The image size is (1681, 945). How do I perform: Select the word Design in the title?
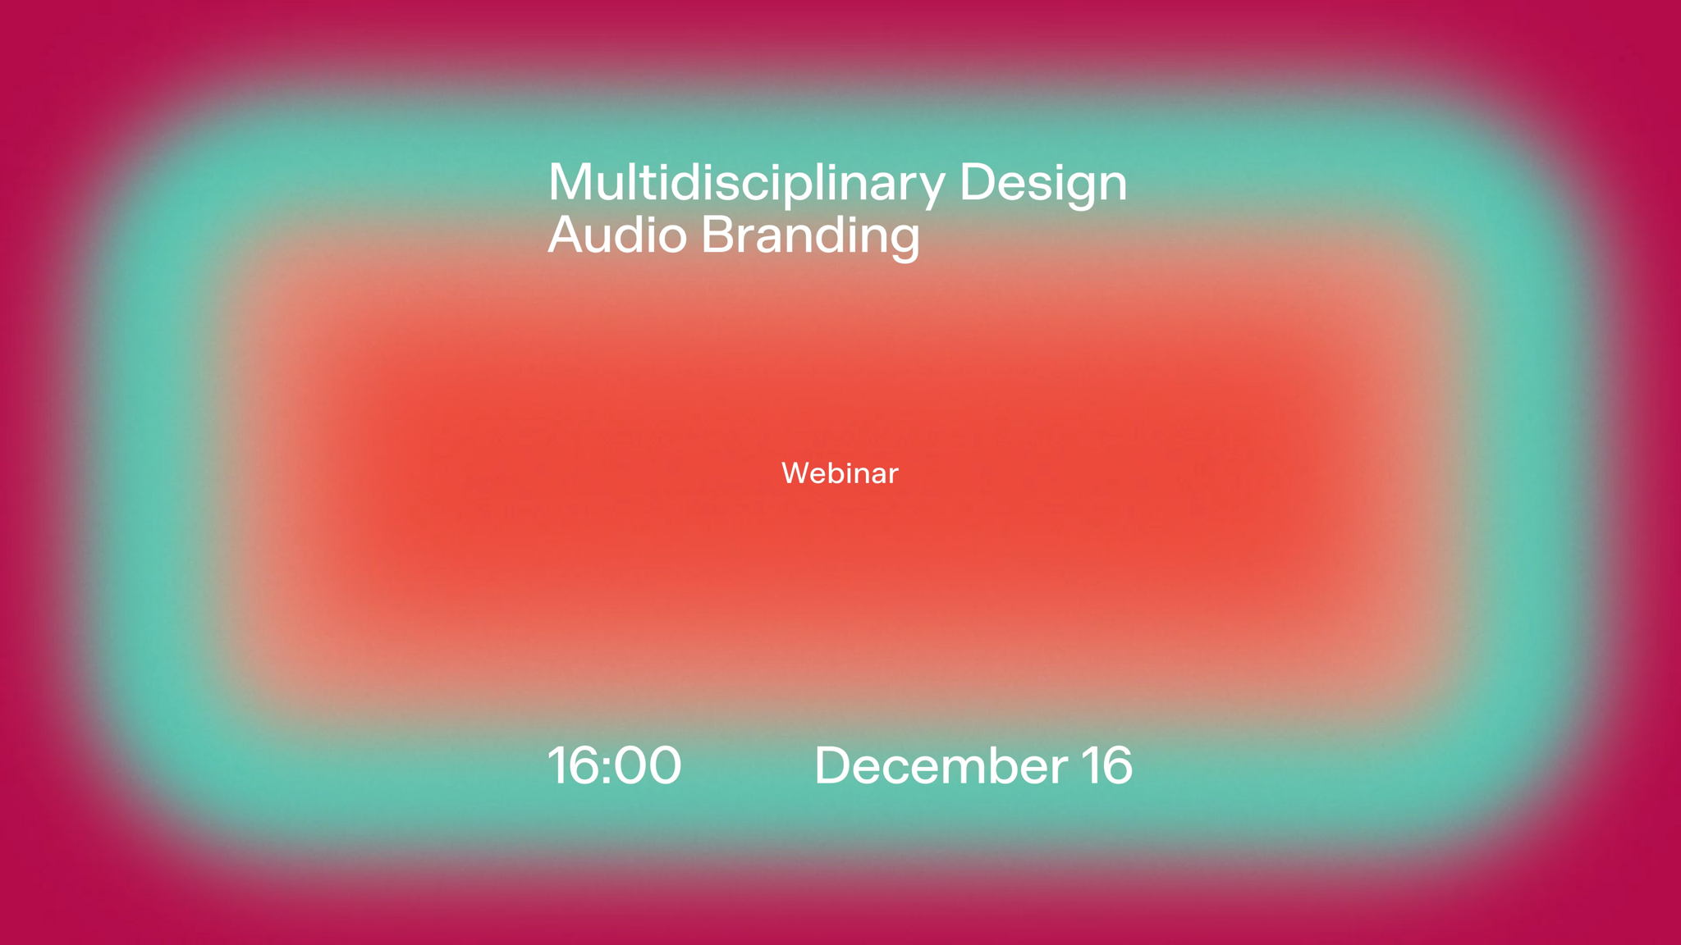1043,184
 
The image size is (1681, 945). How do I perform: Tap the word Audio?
617,235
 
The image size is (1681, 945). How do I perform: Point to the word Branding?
810,237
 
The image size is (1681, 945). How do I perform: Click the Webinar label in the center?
840,473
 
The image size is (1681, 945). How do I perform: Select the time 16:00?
614,765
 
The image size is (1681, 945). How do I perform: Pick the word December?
941,765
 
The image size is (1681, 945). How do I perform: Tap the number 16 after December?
1106,765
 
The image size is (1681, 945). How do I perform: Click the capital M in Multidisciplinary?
571,182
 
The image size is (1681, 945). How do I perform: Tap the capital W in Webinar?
797,473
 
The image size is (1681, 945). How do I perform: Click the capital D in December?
833,765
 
